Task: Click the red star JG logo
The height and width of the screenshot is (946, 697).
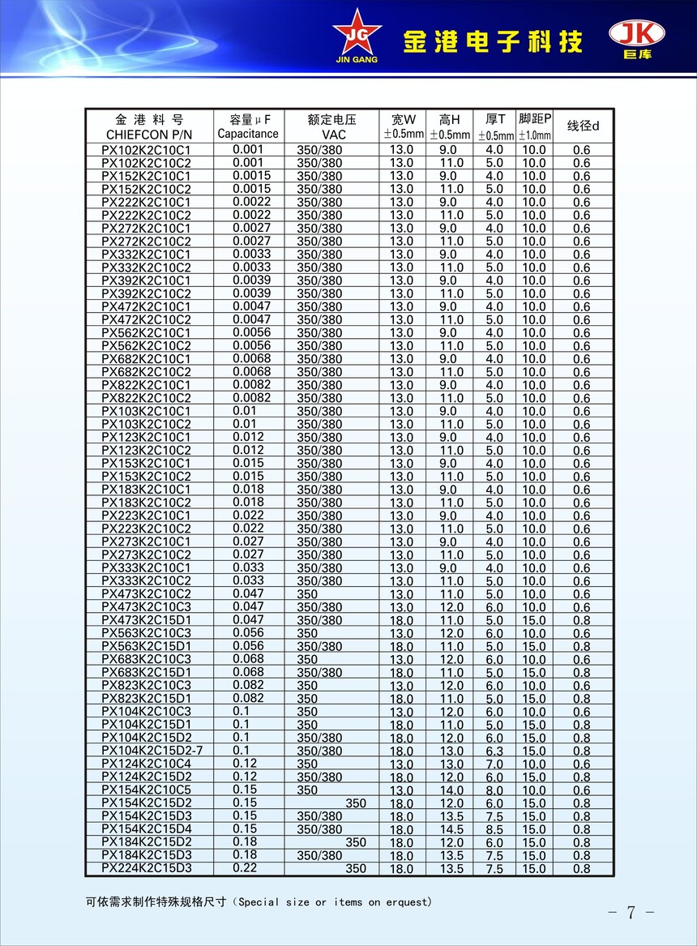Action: click(x=356, y=31)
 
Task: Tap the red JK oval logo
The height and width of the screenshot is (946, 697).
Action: click(x=636, y=33)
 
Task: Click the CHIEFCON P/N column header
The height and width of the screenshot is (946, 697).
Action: click(x=149, y=134)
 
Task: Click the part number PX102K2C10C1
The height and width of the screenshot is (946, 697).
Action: click(x=146, y=150)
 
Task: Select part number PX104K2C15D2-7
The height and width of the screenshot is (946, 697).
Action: click(x=152, y=751)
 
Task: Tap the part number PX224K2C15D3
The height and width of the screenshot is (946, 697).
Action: click(x=146, y=868)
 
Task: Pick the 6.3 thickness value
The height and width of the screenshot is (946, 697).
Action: click(x=494, y=751)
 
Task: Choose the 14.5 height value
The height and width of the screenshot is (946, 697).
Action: click(x=451, y=830)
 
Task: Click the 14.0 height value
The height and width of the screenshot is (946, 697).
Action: click(x=451, y=790)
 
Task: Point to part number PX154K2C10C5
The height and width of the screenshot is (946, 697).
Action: click(x=146, y=790)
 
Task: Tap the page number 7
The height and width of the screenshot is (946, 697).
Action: click(x=631, y=912)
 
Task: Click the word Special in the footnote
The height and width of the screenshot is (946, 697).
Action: click(x=259, y=901)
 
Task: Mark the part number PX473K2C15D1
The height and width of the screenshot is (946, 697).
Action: click(x=146, y=620)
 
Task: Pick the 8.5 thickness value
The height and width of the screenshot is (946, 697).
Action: click(x=494, y=830)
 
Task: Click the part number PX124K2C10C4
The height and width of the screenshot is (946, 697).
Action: click(x=146, y=764)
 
